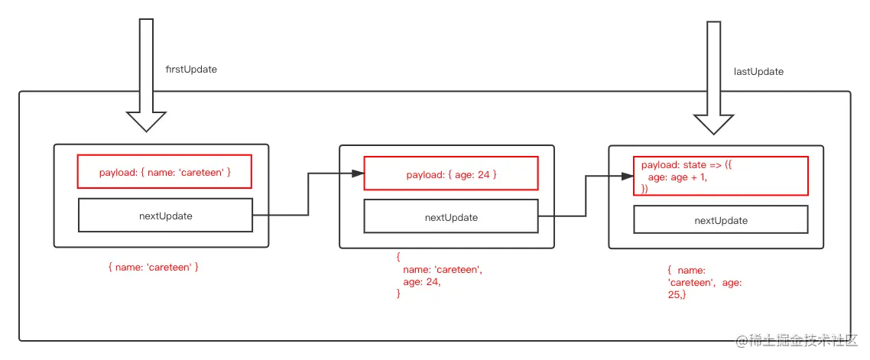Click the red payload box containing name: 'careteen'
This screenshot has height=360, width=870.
pyautogui.click(x=164, y=173)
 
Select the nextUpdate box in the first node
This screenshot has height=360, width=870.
pyautogui.click(x=165, y=216)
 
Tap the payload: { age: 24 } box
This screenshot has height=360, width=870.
pyautogui.click(x=451, y=175)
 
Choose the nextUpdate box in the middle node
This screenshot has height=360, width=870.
pyautogui.click(x=451, y=217)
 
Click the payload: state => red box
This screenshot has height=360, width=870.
pyautogui.click(x=720, y=177)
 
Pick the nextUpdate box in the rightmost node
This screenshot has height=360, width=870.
pyautogui.click(x=720, y=220)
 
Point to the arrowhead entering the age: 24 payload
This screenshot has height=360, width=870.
pyautogui.click(x=356, y=174)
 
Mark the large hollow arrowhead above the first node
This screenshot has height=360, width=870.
pyautogui.click(x=146, y=121)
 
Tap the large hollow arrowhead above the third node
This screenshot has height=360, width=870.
pyautogui.click(x=713, y=125)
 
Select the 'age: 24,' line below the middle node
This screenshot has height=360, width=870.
pyautogui.click(x=422, y=281)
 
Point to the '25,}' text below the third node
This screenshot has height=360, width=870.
pyautogui.click(x=677, y=294)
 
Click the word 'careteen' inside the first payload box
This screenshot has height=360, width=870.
pyautogui.click(x=201, y=173)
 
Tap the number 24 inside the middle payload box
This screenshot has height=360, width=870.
pyautogui.click(x=483, y=175)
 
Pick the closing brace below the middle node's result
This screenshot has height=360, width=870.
pyautogui.click(x=398, y=294)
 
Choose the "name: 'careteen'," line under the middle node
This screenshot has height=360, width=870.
pyautogui.click(x=443, y=270)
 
